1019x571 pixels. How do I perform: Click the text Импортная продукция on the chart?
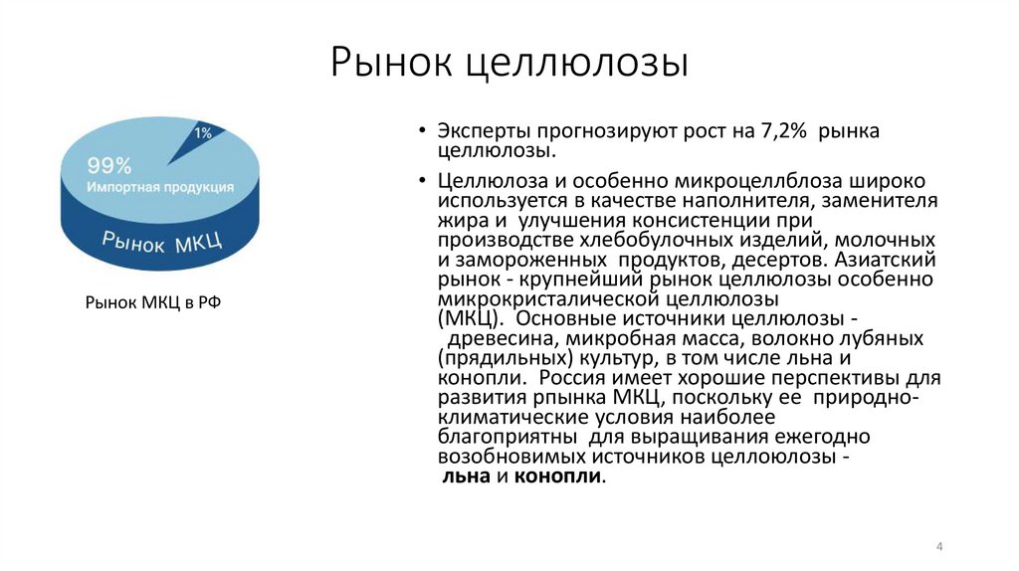(160, 187)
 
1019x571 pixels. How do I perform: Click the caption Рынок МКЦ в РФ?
(152, 302)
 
